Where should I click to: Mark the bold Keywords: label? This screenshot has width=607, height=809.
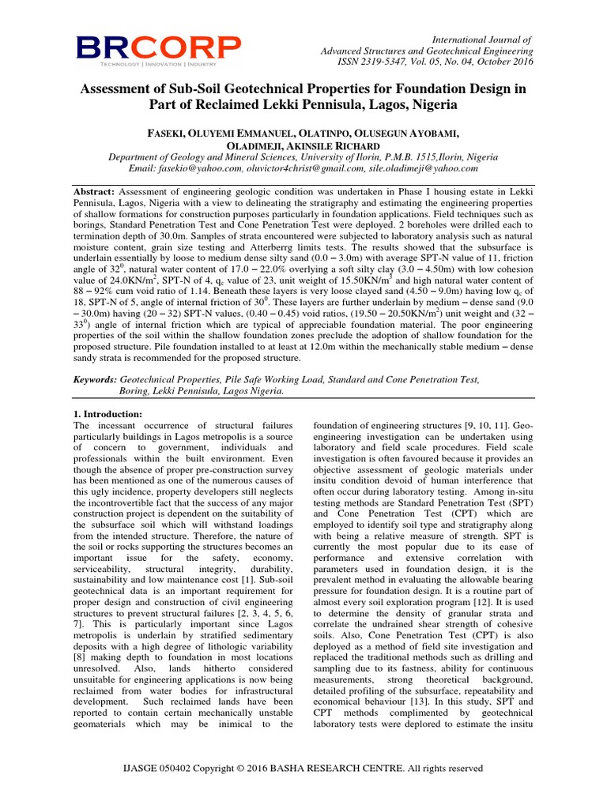click(x=97, y=379)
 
